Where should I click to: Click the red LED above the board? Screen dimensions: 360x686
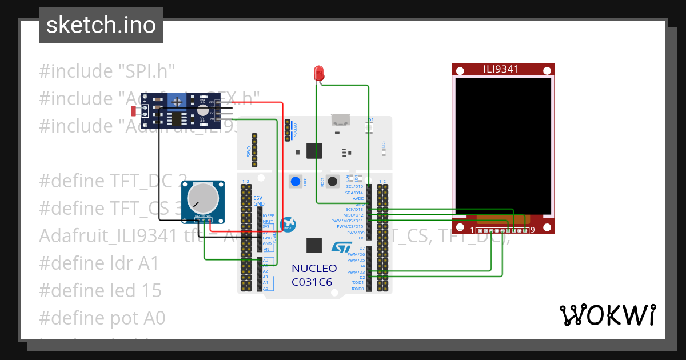[x=319, y=73]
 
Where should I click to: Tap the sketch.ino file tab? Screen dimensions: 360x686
[x=101, y=25]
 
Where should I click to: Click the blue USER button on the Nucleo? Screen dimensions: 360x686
[x=296, y=182]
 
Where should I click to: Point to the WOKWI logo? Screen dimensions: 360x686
[x=607, y=315]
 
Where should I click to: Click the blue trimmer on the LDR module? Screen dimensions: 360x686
[x=178, y=102]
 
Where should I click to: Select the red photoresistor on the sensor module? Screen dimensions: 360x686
[x=135, y=110]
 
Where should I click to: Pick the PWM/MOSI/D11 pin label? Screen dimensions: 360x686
[x=347, y=221]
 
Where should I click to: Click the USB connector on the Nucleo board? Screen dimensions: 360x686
[x=341, y=119]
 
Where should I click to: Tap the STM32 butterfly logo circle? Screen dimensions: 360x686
[x=288, y=224]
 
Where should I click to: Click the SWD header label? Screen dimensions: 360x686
[x=249, y=151]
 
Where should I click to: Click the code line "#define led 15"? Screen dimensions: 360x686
[x=100, y=290]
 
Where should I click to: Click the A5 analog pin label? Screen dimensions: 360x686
[x=265, y=288]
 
